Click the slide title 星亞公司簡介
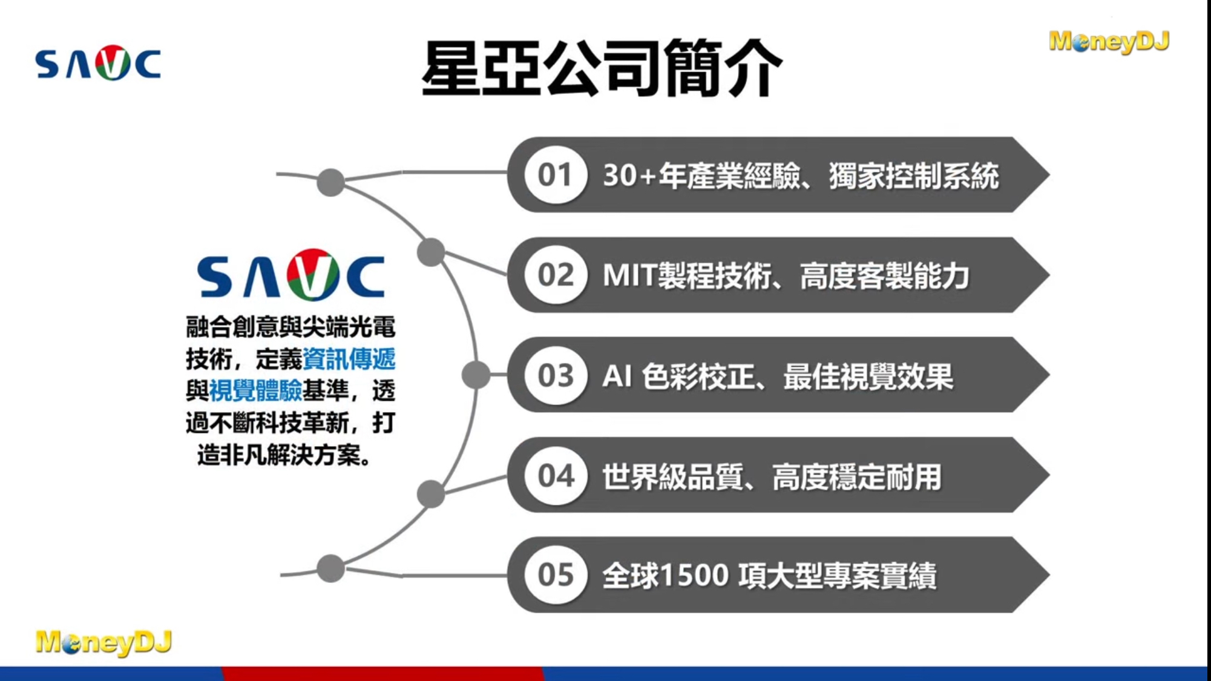tap(602, 68)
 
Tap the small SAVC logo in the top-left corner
tap(98, 63)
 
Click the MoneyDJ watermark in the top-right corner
tap(1109, 41)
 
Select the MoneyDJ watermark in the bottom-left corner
tap(103, 642)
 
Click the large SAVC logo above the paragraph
tap(291, 275)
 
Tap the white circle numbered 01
tap(556, 175)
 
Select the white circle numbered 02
tap(556, 275)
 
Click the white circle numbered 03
tap(556, 375)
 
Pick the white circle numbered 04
tap(556, 475)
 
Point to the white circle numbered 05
tap(556, 574)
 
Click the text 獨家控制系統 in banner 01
tap(914, 176)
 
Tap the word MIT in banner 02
tap(629, 275)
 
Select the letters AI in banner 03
tap(617, 376)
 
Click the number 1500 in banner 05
tap(695, 575)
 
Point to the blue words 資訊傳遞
tap(349, 359)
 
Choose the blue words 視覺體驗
tap(255, 391)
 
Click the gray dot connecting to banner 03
tap(476, 375)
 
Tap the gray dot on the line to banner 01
tap(330, 182)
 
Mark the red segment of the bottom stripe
tap(382, 674)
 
